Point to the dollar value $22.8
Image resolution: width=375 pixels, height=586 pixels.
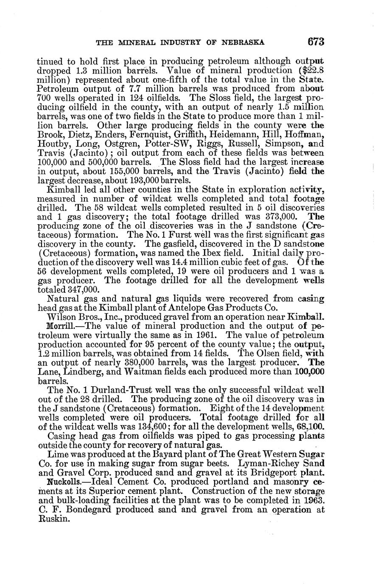click(x=311, y=70)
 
